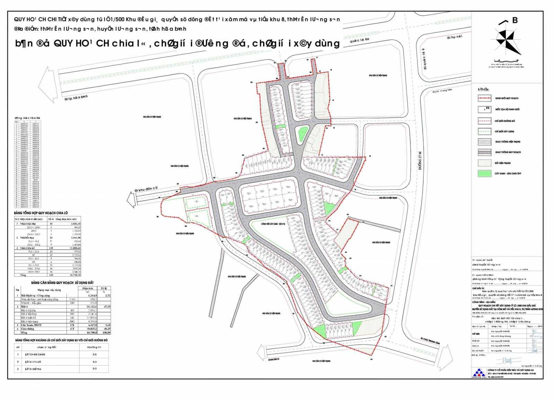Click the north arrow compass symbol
(x=508, y=41)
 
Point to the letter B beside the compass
(x=515, y=20)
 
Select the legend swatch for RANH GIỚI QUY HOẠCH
(x=484, y=98)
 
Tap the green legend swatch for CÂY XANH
(x=484, y=173)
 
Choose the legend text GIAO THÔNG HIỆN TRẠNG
(x=508, y=142)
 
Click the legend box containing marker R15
(x=484, y=109)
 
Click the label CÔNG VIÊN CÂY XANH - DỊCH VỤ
(x=273, y=224)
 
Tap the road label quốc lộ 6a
(x=359, y=40)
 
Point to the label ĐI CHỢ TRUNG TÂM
(x=430, y=341)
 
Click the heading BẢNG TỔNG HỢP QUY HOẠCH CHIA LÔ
(x=41, y=213)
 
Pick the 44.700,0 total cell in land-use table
(x=87, y=332)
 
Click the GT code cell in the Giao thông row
(x=72, y=329)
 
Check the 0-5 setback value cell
(x=95, y=355)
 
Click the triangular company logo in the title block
(x=479, y=373)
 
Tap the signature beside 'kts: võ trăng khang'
(x=536, y=336)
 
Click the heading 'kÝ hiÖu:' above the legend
(x=483, y=89)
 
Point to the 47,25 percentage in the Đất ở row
(x=107, y=306)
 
